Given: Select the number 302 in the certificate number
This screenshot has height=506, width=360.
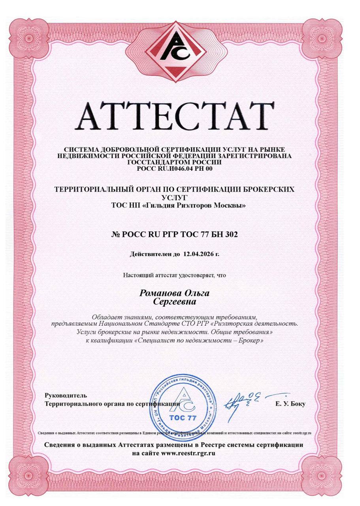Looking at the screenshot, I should pyautogui.click(x=231, y=234).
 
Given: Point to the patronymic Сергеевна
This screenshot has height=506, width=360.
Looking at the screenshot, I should pyautogui.click(x=174, y=302).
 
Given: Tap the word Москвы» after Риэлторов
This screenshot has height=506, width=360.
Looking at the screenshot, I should pyautogui.click(x=234, y=205).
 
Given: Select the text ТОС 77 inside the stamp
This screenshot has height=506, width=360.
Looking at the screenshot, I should pyautogui.click(x=183, y=418).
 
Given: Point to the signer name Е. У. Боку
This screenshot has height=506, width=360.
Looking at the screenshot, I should pyautogui.click(x=290, y=404).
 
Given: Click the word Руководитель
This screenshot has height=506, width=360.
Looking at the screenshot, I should pyautogui.click(x=66, y=395).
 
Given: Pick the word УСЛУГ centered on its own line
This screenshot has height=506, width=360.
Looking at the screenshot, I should pyautogui.click(x=174, y=197).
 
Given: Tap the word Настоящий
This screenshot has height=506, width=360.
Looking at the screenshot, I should pyautogui.click(x=135, y=275).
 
